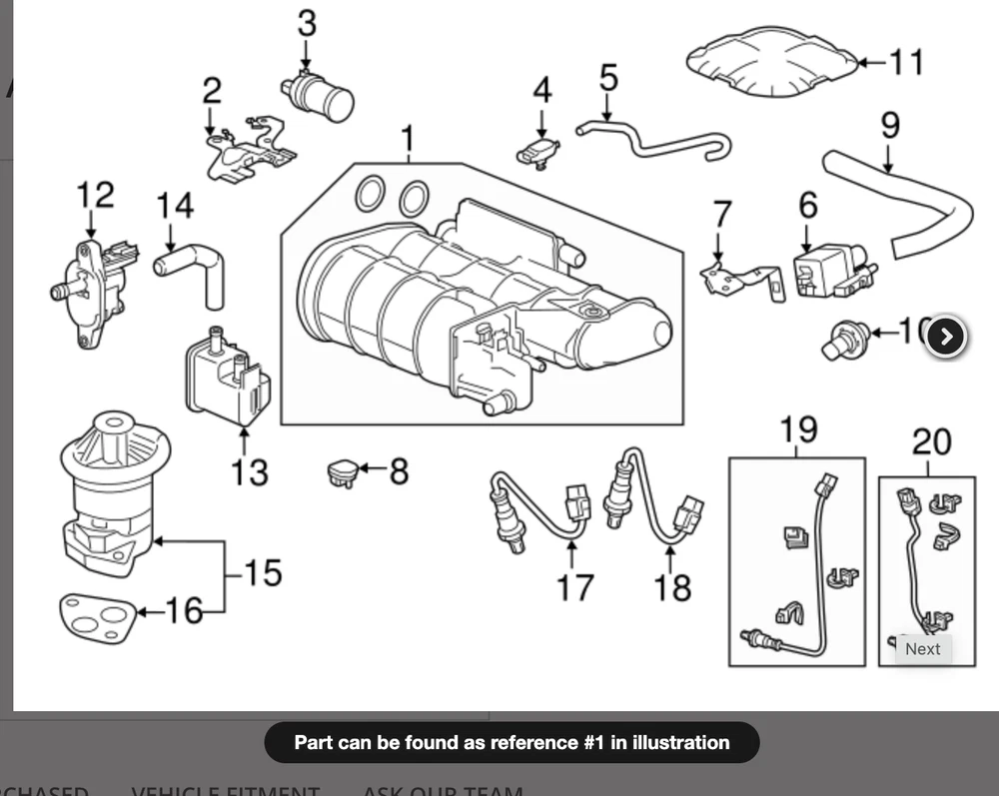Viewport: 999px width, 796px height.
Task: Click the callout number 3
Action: click(x=306, y=22)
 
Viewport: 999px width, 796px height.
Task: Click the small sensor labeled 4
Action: click(x=539, y=152)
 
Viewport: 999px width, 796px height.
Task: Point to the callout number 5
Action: click(x=608, y=76)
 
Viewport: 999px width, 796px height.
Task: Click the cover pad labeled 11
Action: click(x=772, y=63)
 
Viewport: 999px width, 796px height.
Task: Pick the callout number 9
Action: click(x=889, y=126)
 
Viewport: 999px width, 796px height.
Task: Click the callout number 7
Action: click(x=721, y=214)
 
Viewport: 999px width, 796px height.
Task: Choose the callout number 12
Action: click(x=96, y=194)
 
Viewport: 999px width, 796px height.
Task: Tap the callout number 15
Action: click(x=262, y=572)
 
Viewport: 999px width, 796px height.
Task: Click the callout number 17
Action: click(x=574, y=587)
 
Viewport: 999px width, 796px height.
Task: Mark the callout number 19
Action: click(x=798, y=430)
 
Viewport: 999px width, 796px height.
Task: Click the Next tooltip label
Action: click(x=922, y=648)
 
